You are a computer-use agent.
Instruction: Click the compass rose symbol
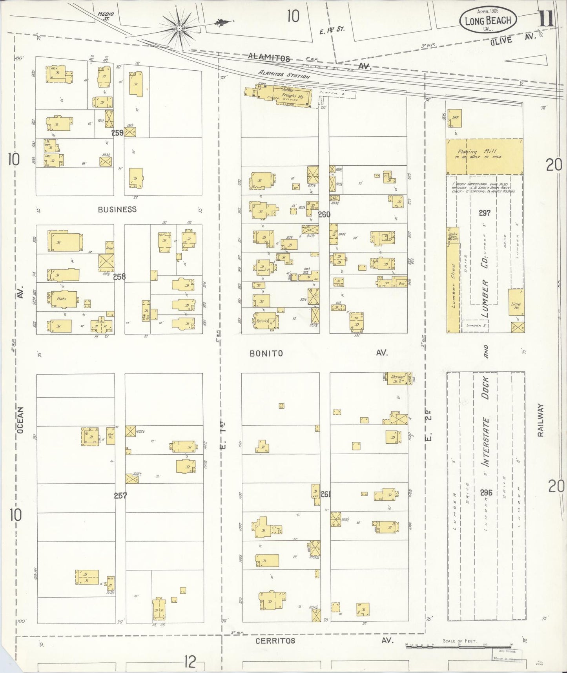pos(179,28)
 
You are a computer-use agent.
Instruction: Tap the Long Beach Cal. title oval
pos(488,19)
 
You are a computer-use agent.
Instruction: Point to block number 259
pos(117,133)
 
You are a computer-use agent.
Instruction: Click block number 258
pos(119,276)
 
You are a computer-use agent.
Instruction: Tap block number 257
pos(120,496)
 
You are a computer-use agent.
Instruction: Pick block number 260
pos(324,214)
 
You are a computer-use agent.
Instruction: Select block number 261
pos(326,494)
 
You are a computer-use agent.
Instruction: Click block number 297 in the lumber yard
pos(485,213)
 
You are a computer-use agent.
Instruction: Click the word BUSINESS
pos(117,209)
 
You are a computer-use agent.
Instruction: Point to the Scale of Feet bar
pos(459,645)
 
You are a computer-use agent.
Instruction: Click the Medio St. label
pos(103,16)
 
